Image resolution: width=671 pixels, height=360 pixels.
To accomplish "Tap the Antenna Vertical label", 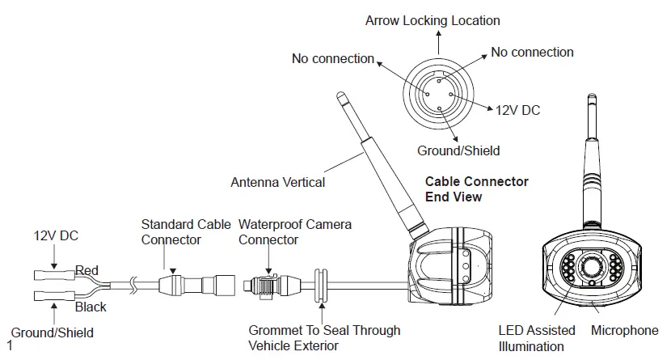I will (x=277, y=182).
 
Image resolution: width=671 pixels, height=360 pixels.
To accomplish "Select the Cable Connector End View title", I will (x=476, y=188).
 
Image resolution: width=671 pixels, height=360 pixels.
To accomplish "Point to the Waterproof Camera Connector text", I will (x=294, y=231).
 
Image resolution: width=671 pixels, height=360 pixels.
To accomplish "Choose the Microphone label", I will (x=624, y=330).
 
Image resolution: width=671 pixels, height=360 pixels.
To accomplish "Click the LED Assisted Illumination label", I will (x=538, y=338).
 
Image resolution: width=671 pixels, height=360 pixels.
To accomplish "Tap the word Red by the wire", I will (x=88, y=269).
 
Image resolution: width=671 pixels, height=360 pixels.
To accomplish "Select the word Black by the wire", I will (x=91, y=307).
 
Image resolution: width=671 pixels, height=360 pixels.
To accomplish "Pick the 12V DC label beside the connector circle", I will (x=517, y=110).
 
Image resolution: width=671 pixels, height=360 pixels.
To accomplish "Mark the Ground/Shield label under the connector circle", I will (x=458, y=150).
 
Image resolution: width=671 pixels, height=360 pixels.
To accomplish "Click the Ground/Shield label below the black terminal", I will (x=52, y=332).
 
